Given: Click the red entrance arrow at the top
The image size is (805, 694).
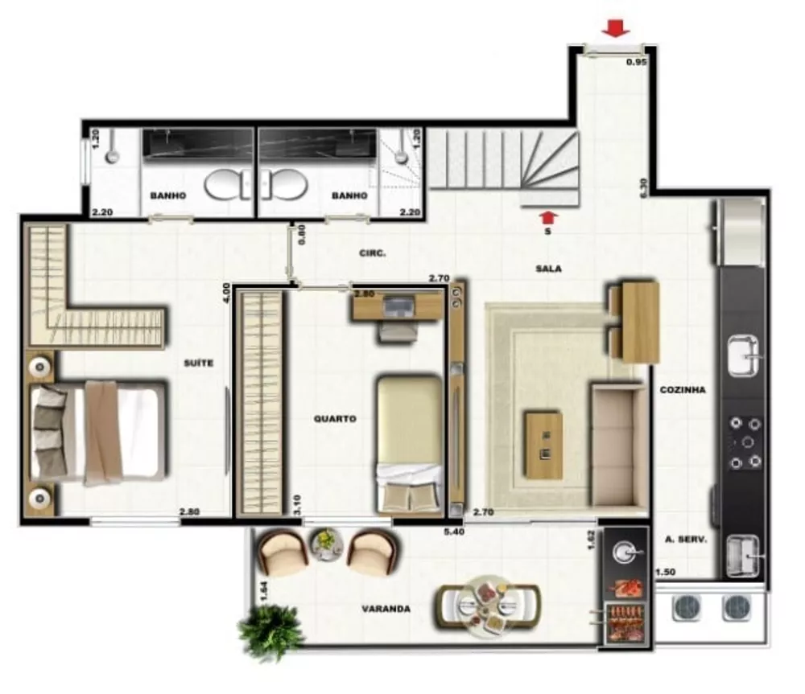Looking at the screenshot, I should click(616, 29).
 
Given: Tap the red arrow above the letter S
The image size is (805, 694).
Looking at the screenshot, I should click(548, 216).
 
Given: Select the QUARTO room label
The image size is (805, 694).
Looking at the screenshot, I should click(335, 418).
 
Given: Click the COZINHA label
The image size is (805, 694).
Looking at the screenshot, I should click(683, 390).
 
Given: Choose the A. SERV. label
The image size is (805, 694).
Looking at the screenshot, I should click(686, 540).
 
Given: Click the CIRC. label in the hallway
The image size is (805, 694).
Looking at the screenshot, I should click(373, 253).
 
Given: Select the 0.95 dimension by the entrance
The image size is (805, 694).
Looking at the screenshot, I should click(637, 62).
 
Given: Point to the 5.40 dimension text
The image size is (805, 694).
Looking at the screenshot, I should click(455, 531).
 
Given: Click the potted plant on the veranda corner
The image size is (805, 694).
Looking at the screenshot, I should click(271, 630).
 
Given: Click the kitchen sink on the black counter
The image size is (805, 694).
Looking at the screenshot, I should click(743, 356).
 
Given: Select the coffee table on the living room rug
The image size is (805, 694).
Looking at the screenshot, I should click(543, 445).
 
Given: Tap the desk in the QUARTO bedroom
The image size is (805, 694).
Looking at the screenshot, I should click(397, 306).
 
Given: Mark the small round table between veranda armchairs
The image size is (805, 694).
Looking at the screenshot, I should click(326, 543).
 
